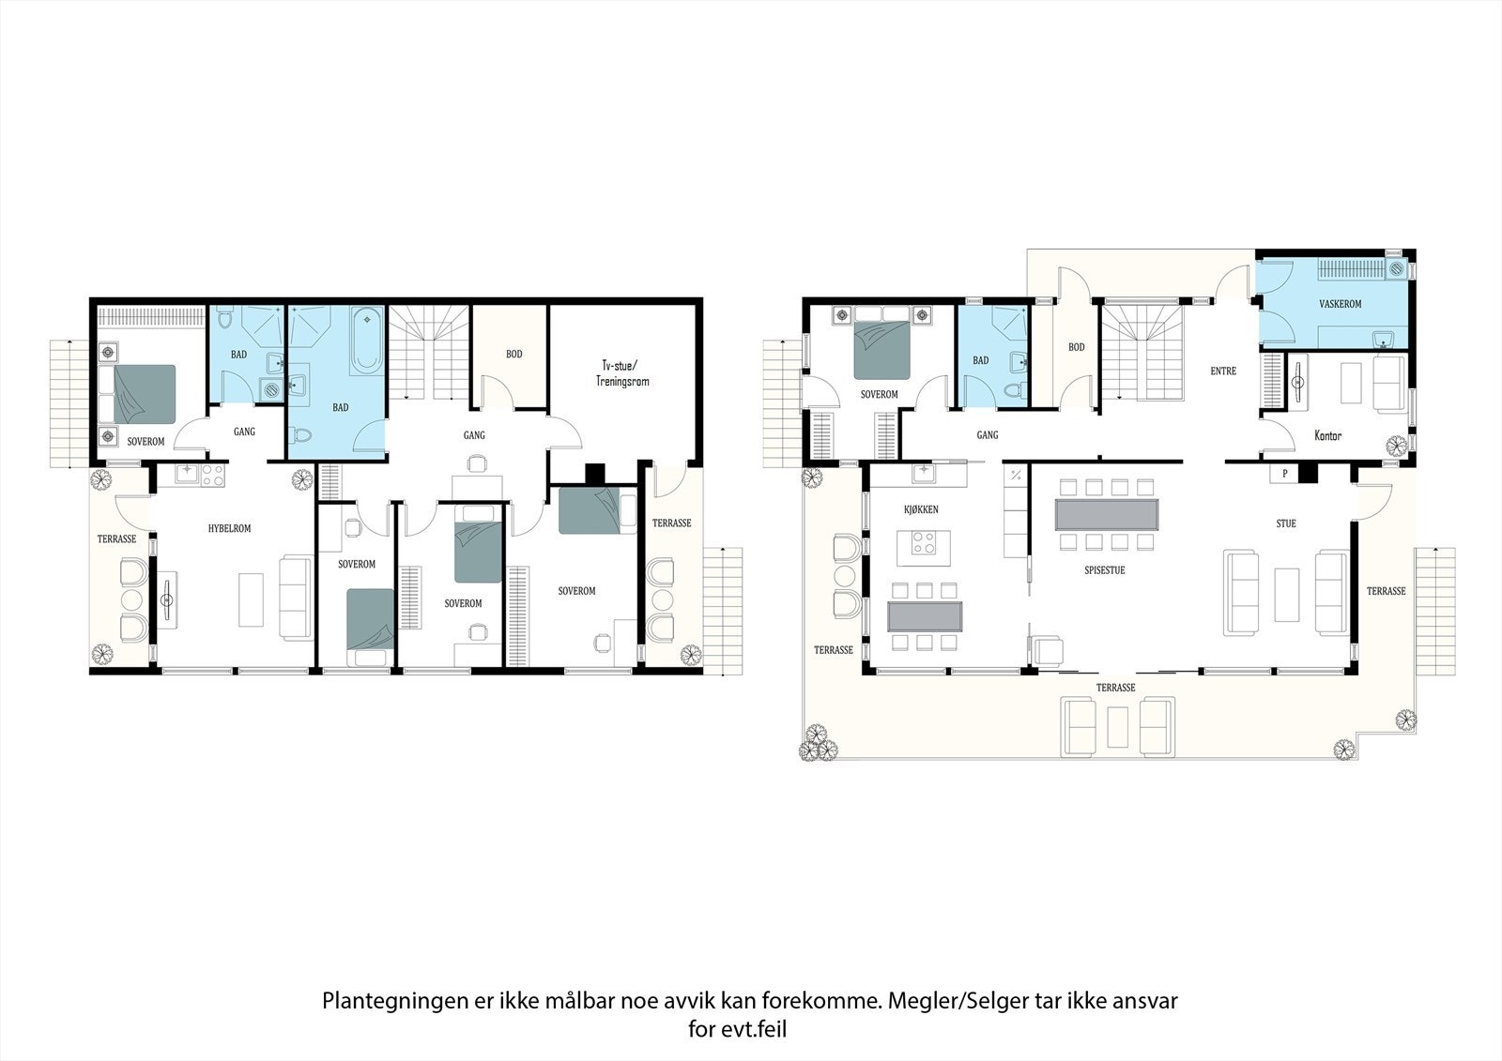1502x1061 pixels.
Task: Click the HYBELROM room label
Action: click(229, 528)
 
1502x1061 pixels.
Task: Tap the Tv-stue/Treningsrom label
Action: click(621, 373)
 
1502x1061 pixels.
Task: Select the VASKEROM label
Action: click(1340, 304)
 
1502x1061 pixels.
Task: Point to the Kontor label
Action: click(1327, 435)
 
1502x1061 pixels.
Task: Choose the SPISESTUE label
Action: click(1104, 569)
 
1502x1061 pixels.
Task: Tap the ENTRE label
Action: click(1223, 371)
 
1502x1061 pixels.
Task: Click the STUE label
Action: click(1286, 523)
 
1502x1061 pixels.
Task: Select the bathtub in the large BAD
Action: click(366, 339)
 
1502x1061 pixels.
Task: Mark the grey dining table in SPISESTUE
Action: click(1107, 514)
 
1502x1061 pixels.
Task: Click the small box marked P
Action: click(1283, 475)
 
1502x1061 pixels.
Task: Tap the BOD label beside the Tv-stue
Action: click(513, 354)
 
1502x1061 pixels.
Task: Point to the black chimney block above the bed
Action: click(595, 473)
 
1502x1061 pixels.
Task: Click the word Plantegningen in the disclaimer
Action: click(392, 1000)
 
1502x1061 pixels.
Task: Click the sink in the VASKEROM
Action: click(1383, 338)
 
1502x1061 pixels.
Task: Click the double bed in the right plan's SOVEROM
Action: click(881, 349)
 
